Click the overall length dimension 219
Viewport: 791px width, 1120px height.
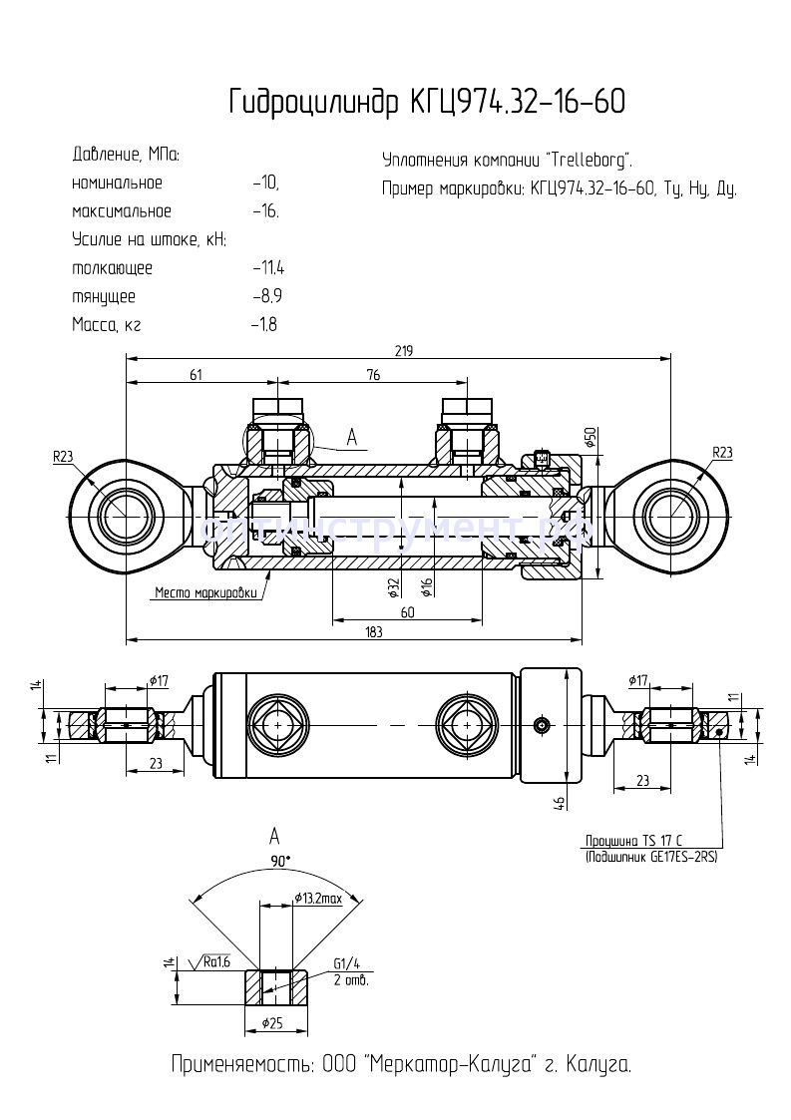coord(403,350)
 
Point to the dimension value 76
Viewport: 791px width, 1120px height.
coord(372,375)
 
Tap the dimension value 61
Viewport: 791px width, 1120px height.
coord(196,375)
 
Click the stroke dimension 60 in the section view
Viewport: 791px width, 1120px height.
coord(407,613)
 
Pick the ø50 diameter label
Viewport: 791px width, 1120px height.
coord(590,438)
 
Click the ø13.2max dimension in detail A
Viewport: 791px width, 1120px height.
coord(318,899)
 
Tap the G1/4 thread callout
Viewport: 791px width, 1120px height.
coord(348,964)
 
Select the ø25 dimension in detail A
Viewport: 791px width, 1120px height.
coord(274,1024)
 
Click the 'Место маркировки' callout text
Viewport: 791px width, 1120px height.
coord(206,592)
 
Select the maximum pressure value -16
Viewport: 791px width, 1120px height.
coord(265,211)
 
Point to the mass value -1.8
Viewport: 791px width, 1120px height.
coord(264,325)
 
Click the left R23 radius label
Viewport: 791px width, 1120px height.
coord(64,456)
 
